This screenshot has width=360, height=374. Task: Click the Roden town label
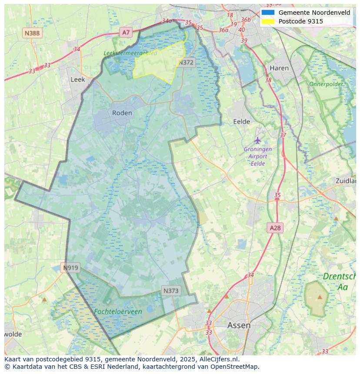tap(122, 113)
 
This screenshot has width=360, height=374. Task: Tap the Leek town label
tap(78, 79)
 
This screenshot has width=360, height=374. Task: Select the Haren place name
tap(279, 68)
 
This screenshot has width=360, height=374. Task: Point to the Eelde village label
tap(242, 122)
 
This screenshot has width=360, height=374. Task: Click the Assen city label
tap(239, 325)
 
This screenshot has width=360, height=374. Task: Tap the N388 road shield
tap(32, 33)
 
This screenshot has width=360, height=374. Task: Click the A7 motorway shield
tap(126, 32)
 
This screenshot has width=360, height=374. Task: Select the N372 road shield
tap(186, 63)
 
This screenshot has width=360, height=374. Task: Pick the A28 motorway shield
tap(275, 228)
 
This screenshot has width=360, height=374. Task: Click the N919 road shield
tap(70, 268)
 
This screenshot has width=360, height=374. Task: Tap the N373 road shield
tap(171, 291)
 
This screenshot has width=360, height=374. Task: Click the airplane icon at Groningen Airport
tap(258, 140)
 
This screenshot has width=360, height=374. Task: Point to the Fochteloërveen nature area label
tap(118, 312)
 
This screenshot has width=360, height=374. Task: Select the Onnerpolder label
tap(326, 84)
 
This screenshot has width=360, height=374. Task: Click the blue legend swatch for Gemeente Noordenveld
tap(268, 13)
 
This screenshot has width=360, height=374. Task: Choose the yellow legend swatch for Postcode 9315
tap(268, 21)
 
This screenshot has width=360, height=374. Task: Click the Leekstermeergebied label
tap(130, 53)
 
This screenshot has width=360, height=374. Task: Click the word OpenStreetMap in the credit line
tap(235, 367)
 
